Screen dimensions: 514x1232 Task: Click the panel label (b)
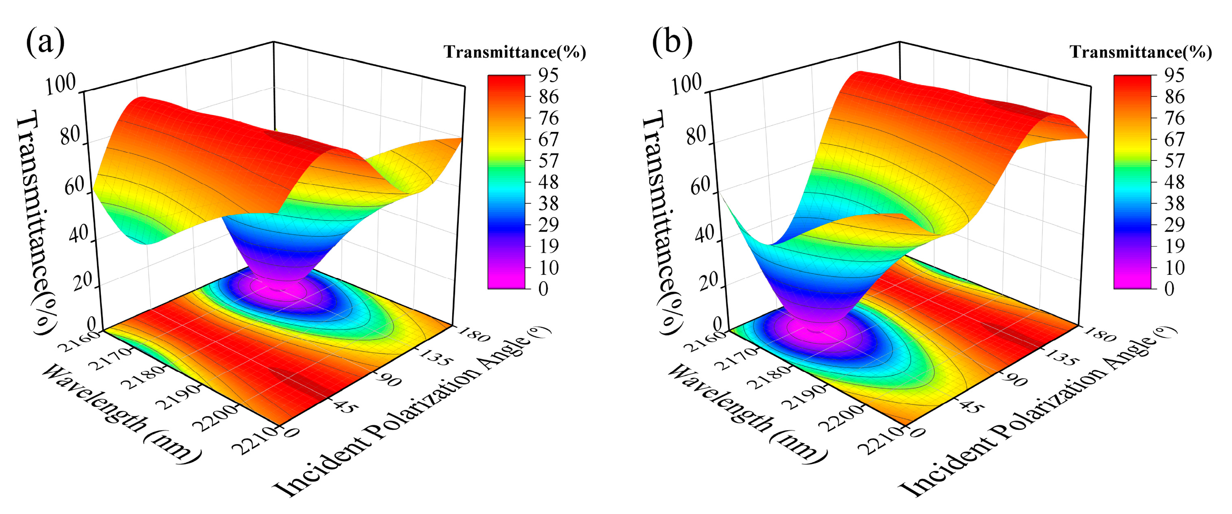672,42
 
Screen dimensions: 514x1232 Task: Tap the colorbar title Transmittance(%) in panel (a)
515,52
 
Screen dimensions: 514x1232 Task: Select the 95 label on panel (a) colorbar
548,76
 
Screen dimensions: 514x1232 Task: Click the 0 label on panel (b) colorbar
1169,289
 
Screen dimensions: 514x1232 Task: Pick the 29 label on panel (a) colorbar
548,225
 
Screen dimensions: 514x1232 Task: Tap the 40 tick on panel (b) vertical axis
704,234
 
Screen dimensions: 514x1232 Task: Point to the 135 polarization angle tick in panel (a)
434,358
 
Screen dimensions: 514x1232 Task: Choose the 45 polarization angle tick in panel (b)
971,407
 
